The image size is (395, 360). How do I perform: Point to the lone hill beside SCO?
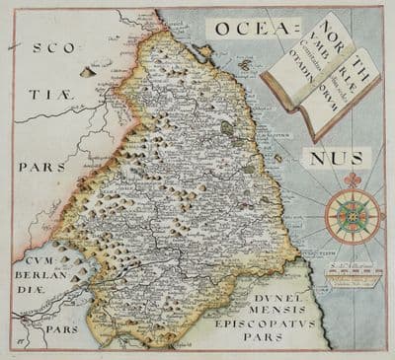(x=87, y=71)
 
